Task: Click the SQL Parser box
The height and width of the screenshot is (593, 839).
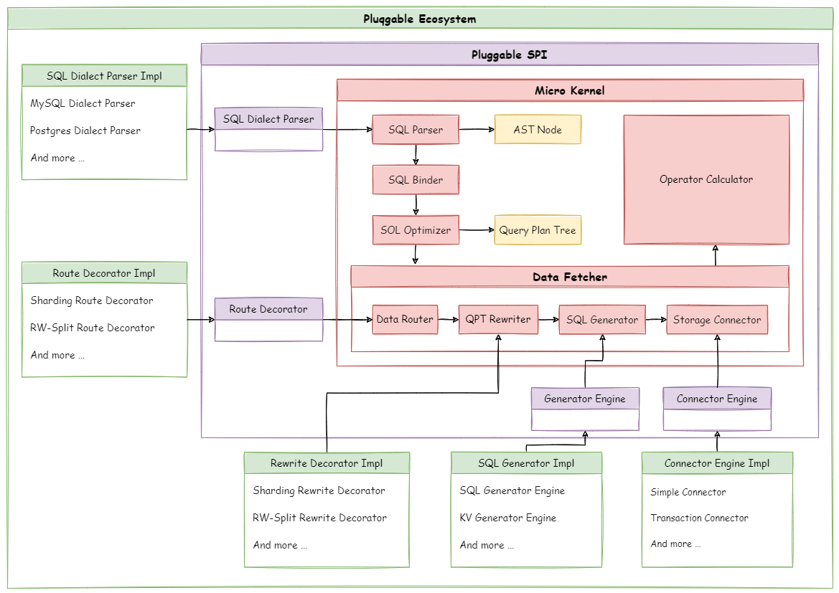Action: pos(416,130)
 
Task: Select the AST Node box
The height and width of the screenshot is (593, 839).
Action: pos(538,130)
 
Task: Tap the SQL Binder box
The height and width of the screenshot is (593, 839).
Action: pos(416,180)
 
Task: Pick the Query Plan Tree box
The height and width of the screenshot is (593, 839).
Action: pos(538,230)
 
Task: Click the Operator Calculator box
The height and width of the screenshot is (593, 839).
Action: pos(706,179)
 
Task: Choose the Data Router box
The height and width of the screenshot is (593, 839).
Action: pos(405,320)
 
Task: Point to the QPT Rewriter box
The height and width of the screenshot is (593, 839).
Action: pos(498,320)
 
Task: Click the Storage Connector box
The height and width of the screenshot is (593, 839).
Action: pos(717,320)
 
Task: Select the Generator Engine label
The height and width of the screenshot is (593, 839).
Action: pos(585,399)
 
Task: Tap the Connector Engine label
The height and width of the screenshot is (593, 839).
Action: pos(717,399)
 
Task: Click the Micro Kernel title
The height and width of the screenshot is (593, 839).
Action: pos(570,90)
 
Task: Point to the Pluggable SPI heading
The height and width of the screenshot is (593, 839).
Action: pos(510,54)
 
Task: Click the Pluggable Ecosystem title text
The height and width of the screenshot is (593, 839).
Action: pos(420,19)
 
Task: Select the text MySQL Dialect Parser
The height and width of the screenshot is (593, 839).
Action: pos(83,103)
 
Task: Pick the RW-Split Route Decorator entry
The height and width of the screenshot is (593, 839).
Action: pos(93,328)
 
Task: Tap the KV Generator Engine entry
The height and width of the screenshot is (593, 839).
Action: pos(508,518)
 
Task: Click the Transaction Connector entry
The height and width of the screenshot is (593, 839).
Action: pos(699,518)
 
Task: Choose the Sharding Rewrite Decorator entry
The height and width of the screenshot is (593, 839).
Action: pos(319,490)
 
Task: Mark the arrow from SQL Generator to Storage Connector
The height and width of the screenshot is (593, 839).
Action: pos(656,320)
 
